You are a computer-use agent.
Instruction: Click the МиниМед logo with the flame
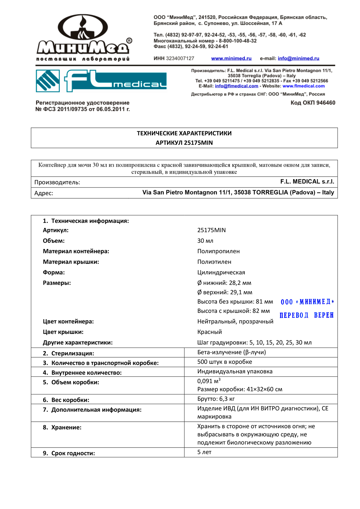click(x=84, y=37)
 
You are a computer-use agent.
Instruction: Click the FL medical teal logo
click(x=101, y=81)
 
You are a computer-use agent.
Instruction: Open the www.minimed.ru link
click(x=231, y=58)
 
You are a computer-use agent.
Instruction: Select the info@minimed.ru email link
click(x=298, y=58)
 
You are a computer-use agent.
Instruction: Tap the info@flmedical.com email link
click(x=236, y=86)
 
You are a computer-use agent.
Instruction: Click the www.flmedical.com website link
click(x=303, y=86)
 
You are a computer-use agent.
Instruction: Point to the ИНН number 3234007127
click(x=180, y=58)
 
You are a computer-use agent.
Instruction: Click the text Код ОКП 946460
click(x=313, y=103)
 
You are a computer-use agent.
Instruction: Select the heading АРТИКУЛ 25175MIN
click(x=184, y=143)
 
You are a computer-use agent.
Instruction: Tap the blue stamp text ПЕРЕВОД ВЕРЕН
click(x=306, y=315)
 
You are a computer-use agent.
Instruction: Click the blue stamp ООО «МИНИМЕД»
click(x=307, y=302)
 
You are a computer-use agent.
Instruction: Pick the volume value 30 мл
click(x=205, y=241)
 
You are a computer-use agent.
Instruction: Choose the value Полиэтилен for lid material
click(x=214, y=262)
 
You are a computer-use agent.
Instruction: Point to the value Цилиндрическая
click(x=221, y=272)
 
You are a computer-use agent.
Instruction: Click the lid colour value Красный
click(x=209, y=332)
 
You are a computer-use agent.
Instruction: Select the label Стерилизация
click(x=72, y=353)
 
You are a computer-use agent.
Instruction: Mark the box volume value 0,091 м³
click(x=208, y=381)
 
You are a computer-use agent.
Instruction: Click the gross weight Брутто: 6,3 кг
click(x=216, y=399)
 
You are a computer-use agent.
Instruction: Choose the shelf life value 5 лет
click(x=204, y=452)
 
